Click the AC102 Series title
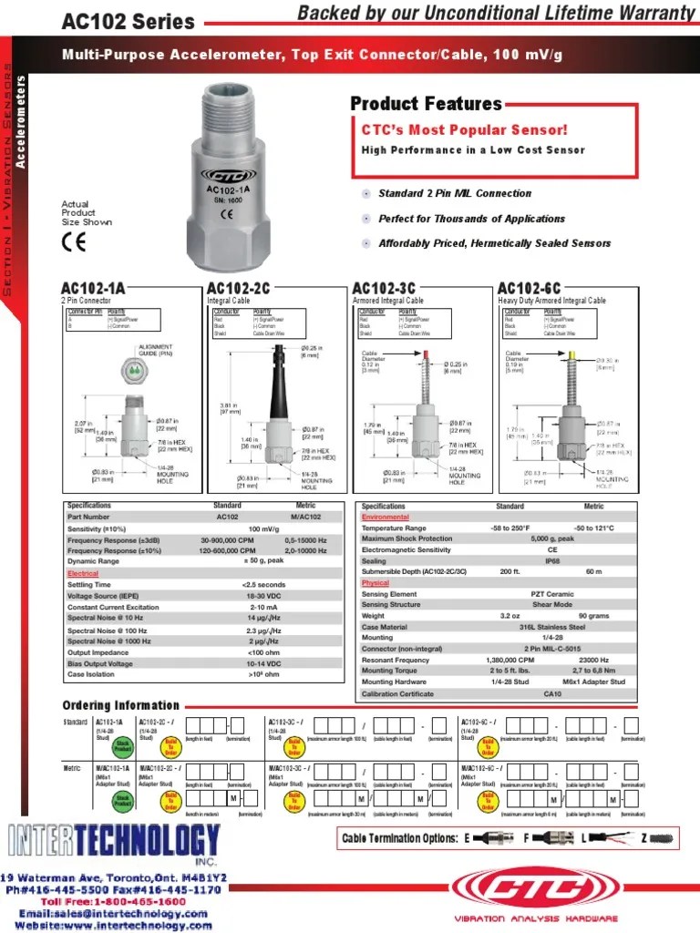point(128,21)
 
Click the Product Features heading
point(426,104)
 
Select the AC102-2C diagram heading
point(239,289)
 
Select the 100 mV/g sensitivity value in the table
point(264,529)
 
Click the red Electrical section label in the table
point(83,574)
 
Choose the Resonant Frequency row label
point(396,659)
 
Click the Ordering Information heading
point(120,705)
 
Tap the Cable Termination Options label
point(399,837)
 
